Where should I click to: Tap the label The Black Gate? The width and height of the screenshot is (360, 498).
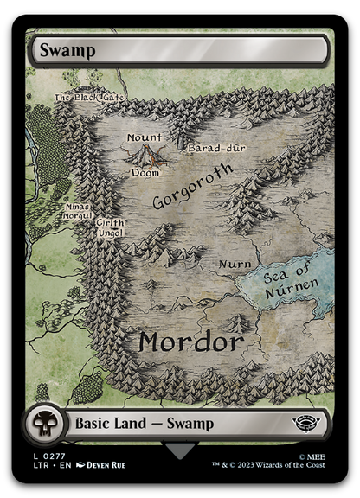(88, 98)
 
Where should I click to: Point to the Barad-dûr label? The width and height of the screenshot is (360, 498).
(217, 148)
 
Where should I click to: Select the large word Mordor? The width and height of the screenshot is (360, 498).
(190, 342)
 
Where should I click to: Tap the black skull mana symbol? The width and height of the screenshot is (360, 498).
(43, 424)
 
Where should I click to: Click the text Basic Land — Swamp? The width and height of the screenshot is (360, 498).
(145, 424)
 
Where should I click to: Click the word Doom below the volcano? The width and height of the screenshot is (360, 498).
(145, 173)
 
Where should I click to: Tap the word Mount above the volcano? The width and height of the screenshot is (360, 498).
(144, 137)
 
